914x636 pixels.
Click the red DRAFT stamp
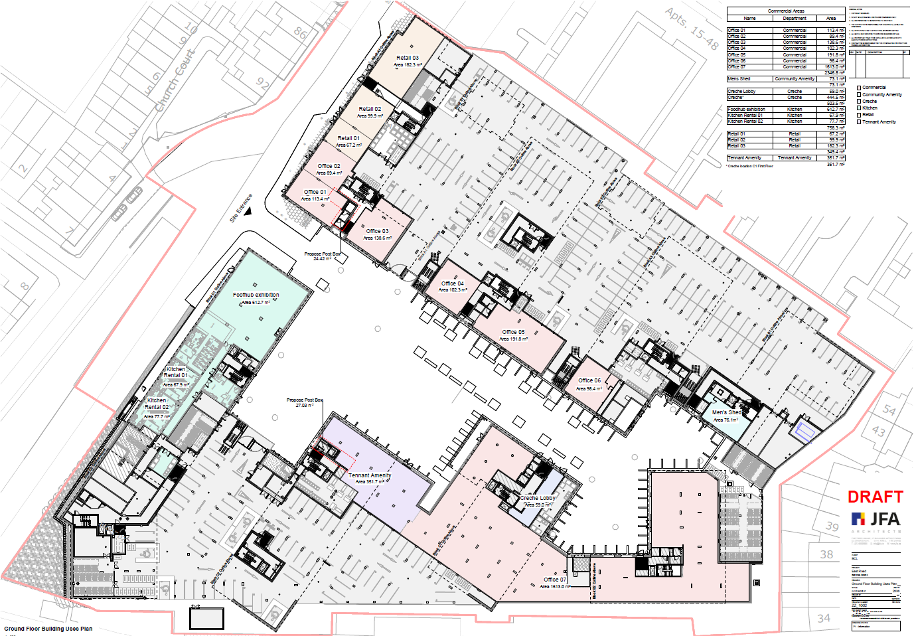click(x=875, y=497)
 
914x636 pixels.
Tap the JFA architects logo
click(x=876, y=519)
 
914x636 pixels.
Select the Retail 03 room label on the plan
click(x=408, y=58)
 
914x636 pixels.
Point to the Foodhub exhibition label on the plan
click(x=256, y=295)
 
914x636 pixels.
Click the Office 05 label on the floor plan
click(x=513, y=332)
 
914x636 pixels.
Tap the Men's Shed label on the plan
click(x=726, y=412)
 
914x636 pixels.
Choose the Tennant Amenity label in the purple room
click(x=370, y=475)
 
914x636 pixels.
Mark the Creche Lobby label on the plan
click(x=537, y=497)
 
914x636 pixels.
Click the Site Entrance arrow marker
click(x=248, y=211)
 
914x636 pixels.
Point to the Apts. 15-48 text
click(x=692, y=29)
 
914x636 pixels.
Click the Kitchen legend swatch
click(x=859, y=108)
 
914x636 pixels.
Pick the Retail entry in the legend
click(x=868, y=115)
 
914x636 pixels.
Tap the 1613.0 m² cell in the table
click(x=834, y=66)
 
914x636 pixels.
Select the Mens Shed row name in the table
click(x=739, y=79)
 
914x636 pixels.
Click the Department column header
click(x=795, y=19)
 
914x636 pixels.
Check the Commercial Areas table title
click(x=786, y=11)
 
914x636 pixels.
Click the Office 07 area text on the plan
click(x=555, y=587)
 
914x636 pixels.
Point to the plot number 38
click(x=826, y=554)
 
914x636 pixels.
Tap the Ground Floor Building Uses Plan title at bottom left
click(x=48, y=628)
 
